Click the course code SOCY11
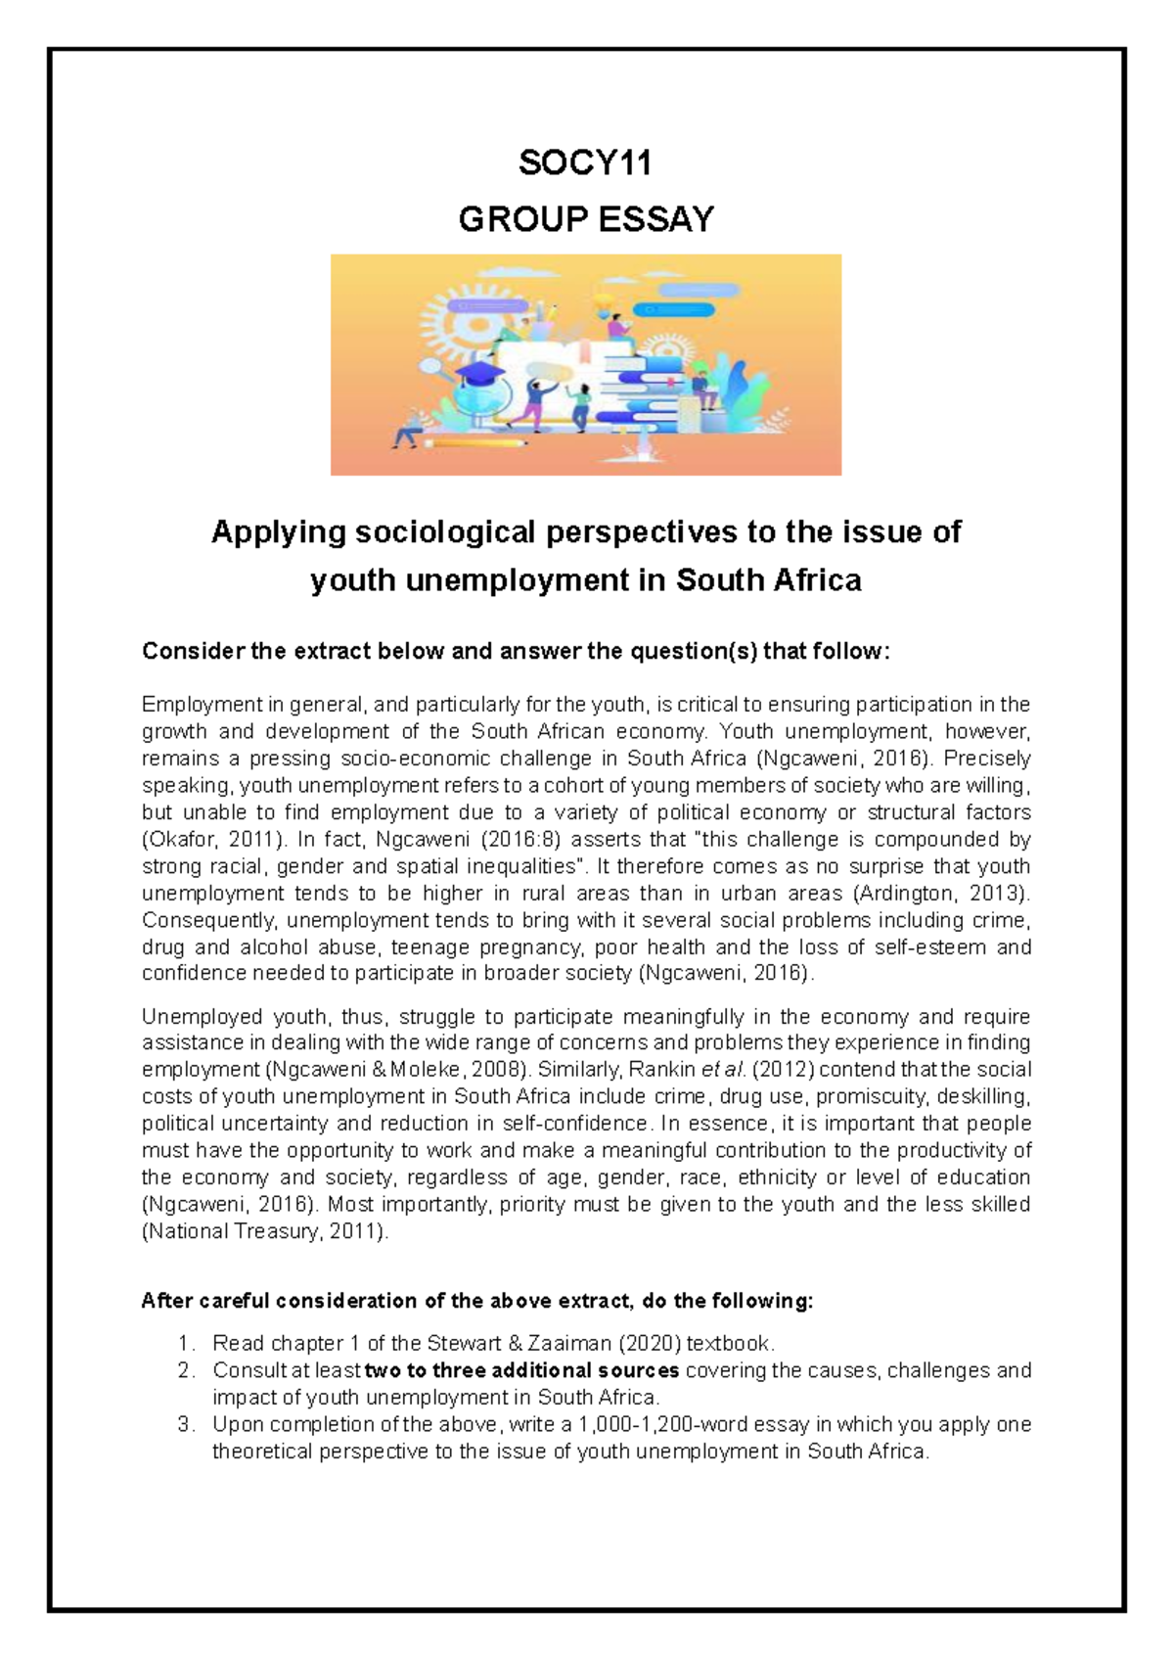click(585, 162)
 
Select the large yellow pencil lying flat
click(474, 443)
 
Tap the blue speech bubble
click(674, 310)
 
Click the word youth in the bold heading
click(353, 580)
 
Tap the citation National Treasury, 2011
click(264, 1231)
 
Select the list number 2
click(187, 1370)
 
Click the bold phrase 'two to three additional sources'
click(521, 1370)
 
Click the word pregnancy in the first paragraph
click(537, 946)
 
